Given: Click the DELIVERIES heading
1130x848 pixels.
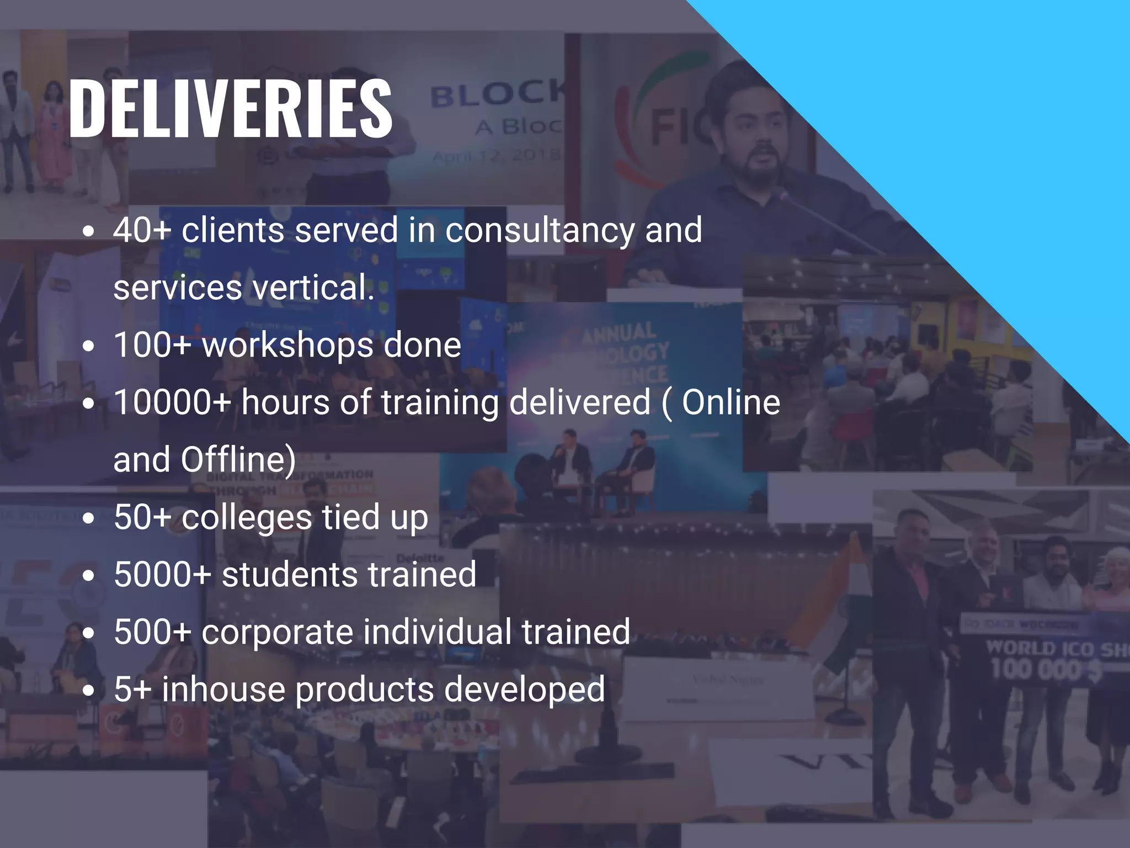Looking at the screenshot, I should tap(230, 108).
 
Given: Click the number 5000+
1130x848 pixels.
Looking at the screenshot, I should tap(163, 574).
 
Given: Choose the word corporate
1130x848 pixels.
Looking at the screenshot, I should tap(277, 633).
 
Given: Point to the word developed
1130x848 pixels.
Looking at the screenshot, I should tap(524, 690).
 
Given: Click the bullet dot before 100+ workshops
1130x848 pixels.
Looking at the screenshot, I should tap(88, 347).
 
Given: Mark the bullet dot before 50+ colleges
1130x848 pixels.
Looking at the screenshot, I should tap(88, 519).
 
